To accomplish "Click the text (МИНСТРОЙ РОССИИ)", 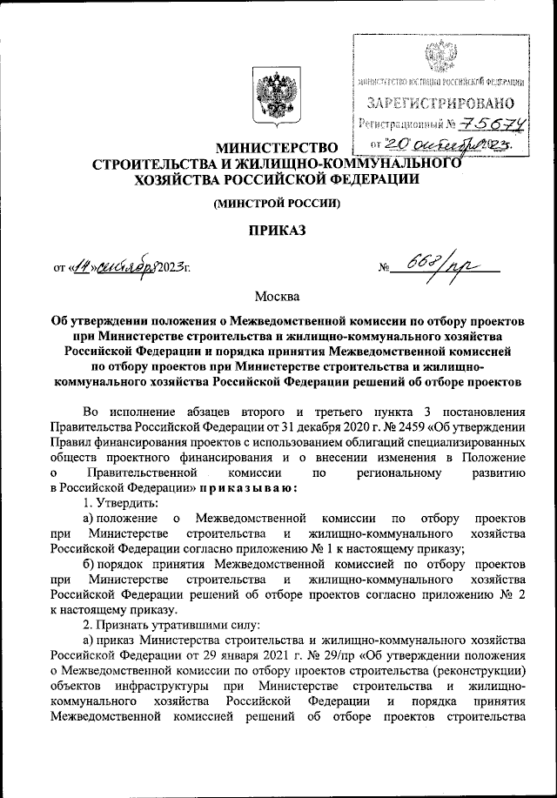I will [x=278, y=204].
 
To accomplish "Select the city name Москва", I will [x=278, y=298].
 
